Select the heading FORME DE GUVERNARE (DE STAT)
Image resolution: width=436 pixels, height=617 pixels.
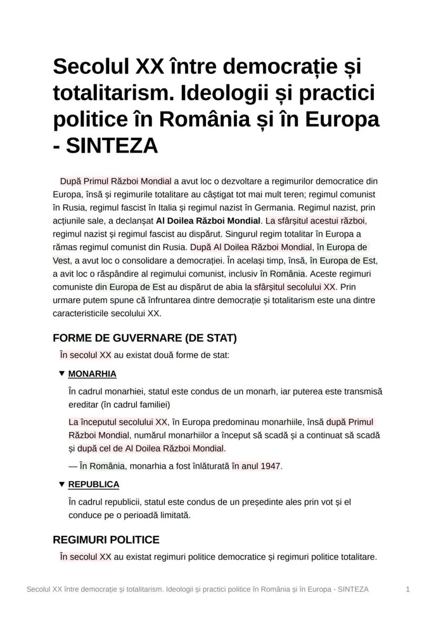pyautogui.click(x=145, y=338)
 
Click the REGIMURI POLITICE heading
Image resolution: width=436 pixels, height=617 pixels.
pyautogui.click(x=106, y=540)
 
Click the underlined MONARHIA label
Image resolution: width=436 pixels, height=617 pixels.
pyautogui.click(x=92, y=374)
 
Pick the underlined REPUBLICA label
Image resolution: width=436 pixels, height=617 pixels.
pyautogui.click(x=94, y=484)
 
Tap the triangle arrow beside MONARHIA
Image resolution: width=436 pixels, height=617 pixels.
pyautogui.click(x=62, y=374)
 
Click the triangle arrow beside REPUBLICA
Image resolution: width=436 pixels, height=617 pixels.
pyautogui.click(x=62, y=484)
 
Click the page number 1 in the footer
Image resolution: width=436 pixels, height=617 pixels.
pyautogui.click(x=408, y=589)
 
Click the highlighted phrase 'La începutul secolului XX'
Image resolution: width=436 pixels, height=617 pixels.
pyautogui.click(x=118, y=422)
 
